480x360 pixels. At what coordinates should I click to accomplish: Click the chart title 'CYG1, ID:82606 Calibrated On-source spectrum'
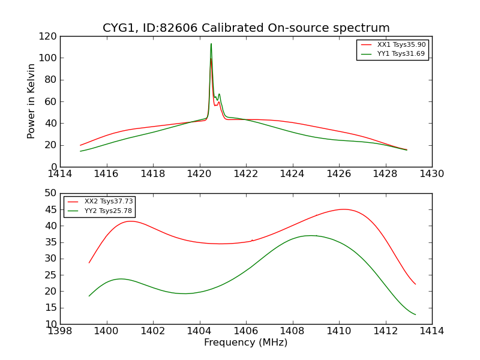click(246, 28)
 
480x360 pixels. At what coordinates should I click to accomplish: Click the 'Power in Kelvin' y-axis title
click(32, 101)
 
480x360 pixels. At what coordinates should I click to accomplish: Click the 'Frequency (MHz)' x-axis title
click(246, 343)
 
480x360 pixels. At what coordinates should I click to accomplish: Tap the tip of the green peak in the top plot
click(211, 43)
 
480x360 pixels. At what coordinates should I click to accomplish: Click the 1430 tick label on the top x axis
click(432, 173)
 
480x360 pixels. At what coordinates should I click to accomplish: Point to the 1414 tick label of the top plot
click(60, 173)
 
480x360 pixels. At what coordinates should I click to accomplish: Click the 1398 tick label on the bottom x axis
click(60, 331)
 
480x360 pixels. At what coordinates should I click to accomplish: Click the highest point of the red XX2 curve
click(344, 209)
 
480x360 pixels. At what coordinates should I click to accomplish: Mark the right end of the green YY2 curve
click(415, 314)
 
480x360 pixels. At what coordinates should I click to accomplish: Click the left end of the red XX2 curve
click(89, 263)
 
